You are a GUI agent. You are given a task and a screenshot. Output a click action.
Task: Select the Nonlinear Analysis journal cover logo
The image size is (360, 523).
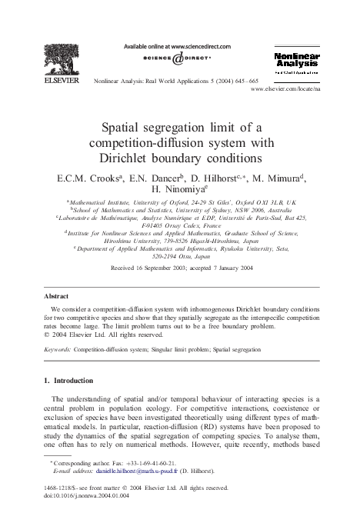297,62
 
